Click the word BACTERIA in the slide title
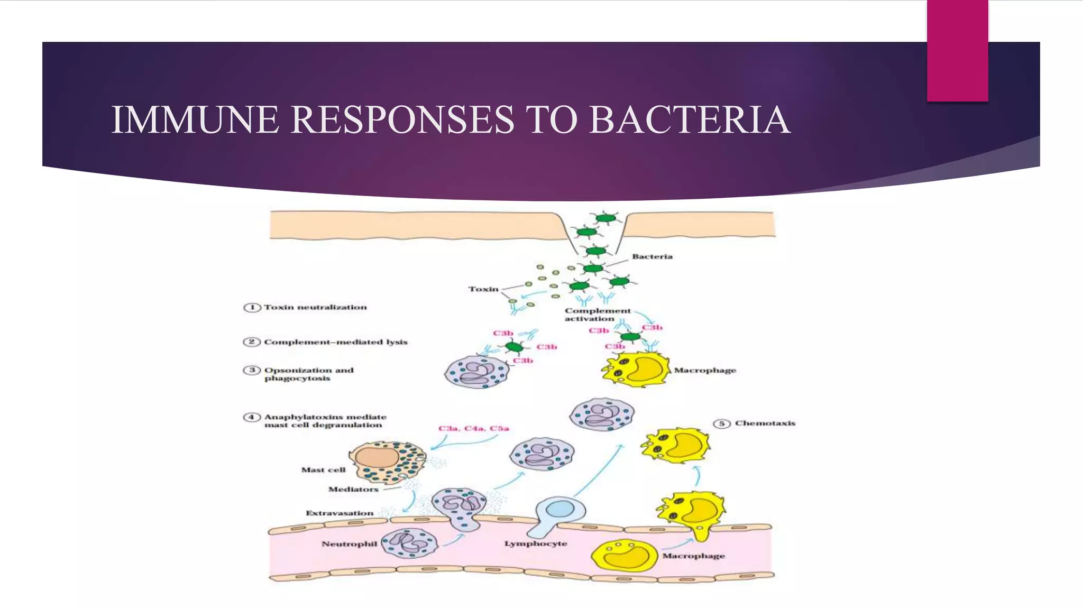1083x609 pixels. click(690, 120)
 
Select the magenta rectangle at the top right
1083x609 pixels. click(957, 50)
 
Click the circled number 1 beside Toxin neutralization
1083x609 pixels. click(252, 308)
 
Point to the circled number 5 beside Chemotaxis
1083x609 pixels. click(722, 423)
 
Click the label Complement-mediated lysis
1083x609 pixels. click(336, 342)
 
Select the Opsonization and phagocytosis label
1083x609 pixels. click(308, 374)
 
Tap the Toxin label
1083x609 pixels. click(483, 289)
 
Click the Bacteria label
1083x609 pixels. click(652, 256)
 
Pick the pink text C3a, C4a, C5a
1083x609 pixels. click(473, 428)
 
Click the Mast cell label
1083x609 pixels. click(323, 469)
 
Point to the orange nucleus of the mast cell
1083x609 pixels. click(377, 456)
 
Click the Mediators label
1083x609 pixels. click(353, 489)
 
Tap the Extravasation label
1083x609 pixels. click(339, 513)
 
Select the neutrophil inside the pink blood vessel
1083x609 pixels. click(409, 543)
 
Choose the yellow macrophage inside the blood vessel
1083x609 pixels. click(624, 555)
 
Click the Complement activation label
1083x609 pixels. click(598, 315)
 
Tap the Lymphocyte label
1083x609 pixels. click(535, 543)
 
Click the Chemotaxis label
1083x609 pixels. click(765, 423)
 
